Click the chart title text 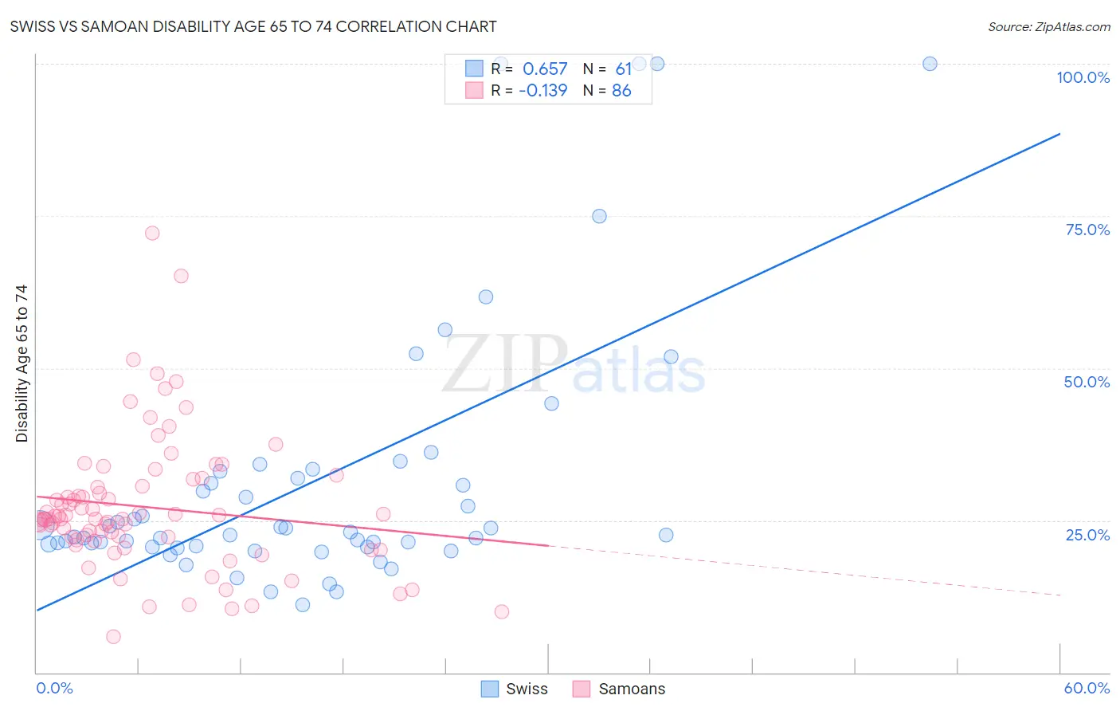click(253, 27)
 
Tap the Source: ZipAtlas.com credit click(1048, 27)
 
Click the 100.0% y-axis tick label click(1083, 77)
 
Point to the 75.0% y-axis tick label click(1087, 230)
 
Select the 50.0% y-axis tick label click(1087, 382)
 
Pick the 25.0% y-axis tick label click(1087, 534)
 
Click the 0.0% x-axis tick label click(54, 688)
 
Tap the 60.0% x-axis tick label click(1087, 688)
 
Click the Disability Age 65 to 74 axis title click(22, 363)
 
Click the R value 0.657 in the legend click(545, 69)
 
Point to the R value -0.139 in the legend click(542, 91)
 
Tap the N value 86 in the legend click(621, 91)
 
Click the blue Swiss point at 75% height click(599, 216)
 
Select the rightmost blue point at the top click(930, 64)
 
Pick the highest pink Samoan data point click(152, 233)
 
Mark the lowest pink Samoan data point click(113, 636)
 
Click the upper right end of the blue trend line click(1059, 134)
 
